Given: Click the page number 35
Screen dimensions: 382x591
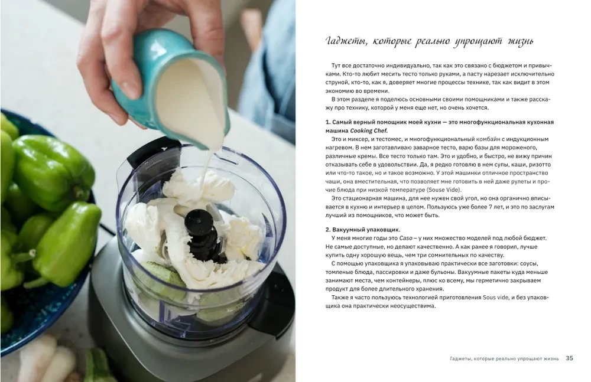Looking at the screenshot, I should tap(569, 358).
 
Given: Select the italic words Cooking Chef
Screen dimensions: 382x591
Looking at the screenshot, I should tap(372, 130).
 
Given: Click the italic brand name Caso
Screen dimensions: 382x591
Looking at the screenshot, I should tap(406, 238).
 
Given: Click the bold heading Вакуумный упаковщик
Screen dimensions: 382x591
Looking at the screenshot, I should tap(367, 229).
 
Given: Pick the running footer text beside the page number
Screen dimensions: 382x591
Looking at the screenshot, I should tap(502, 358).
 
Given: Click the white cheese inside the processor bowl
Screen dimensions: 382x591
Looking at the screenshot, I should tap(236, 236).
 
